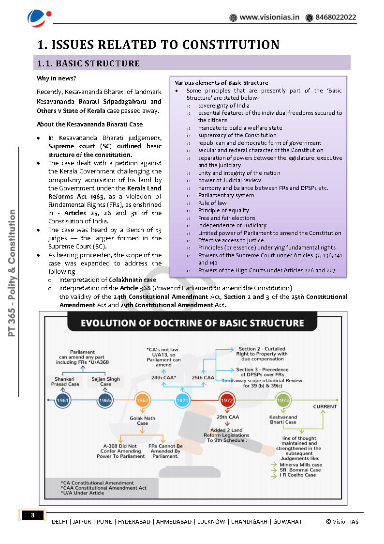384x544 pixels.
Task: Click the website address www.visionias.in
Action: click(x=269, y=17)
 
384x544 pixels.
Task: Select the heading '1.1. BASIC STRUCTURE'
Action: click(x=89, y=63)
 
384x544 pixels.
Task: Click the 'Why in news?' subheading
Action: click(x=56, y=78)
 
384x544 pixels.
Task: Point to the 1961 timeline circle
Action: click(x=62, y=401)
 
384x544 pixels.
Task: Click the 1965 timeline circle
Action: click(x=105, y=401)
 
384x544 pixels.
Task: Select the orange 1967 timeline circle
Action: click(x=142, y=401)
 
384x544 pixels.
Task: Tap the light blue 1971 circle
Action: click(x=182, y=401)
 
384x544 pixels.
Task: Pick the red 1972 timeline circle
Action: click(x=227, y=401)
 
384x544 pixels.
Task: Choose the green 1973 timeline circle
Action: click(x=283, y=401)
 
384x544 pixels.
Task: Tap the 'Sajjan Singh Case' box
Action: click(x=105, y=381)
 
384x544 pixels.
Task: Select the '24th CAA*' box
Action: click(x=163, y=377)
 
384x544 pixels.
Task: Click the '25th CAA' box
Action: click(x=203, y=377)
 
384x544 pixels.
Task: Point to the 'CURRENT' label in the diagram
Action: click(x=325, y=406)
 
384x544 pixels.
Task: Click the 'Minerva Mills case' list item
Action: click(x=300, y=465)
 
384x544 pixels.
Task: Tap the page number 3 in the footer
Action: click(x=32, y=515)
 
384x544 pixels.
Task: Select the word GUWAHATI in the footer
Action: click(x=288, y=521)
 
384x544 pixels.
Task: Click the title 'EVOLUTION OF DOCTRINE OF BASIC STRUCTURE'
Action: click(x=192, y=324)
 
